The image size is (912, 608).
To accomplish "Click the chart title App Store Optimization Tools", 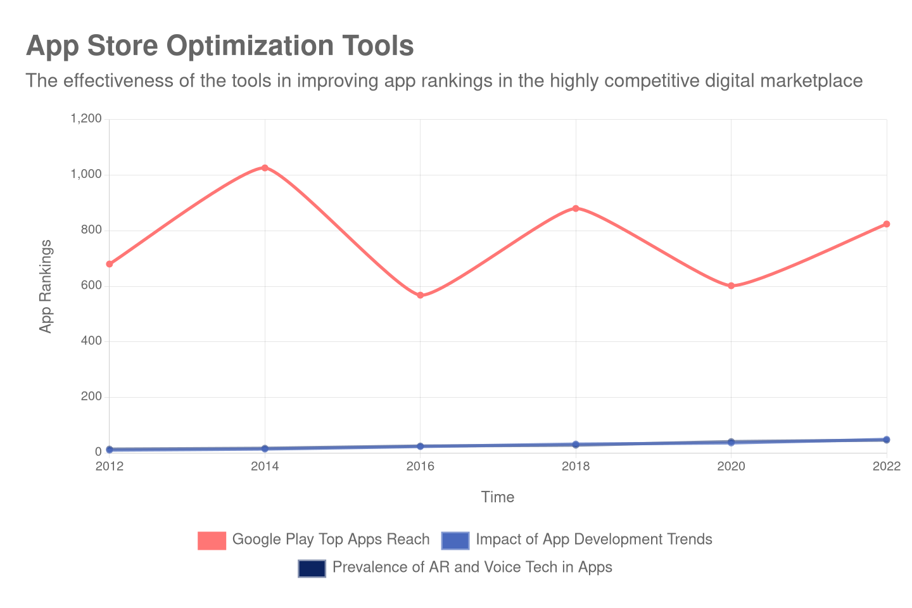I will pyautogui.click(x=220, y=46).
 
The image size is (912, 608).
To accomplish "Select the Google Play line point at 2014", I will pyautogui.click(x=265, y=168).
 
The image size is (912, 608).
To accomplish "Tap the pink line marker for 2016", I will pyautogui.click(x=421, y=295).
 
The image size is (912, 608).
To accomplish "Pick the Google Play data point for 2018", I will pyautogui.click(x=576, y=208).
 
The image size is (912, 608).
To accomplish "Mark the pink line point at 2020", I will pyautogui.click(x=731, y=286).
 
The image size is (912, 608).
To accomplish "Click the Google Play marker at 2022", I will pyautogui.click(x=887, y=224).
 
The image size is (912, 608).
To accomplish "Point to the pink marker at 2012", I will pyautogui.click(x=110, y=264).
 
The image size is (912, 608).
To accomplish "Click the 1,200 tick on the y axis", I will pyautogui.click(x=86, y=118).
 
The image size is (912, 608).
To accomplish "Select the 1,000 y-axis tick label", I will pyautogui.click(x=86, y=174).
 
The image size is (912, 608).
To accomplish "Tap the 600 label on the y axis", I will pyautogui.click(x=91, y=285).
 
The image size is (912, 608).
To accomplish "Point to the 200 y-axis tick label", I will pyautogui.click(x=91, y=396).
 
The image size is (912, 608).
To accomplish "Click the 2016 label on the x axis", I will pyautogui.click(x=421, y=467).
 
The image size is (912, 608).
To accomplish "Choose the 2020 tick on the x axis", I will pyautogui.click(x=731, y=467).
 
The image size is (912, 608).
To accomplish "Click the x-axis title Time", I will pyautogui.click(x=497, y=498).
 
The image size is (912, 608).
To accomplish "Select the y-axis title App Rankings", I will pyautogui.click(x=46, y=286).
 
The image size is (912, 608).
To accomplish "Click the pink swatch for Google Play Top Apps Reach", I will pyautogui.click(x=212, y=540).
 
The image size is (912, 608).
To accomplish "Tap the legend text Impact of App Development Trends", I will pyautogui.click(x=593, y=540).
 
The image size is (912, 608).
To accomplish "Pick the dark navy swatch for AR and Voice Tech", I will pyautogui.click(x=312, y=568).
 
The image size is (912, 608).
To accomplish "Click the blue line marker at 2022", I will pyautogui.click(x=887, y=440).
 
